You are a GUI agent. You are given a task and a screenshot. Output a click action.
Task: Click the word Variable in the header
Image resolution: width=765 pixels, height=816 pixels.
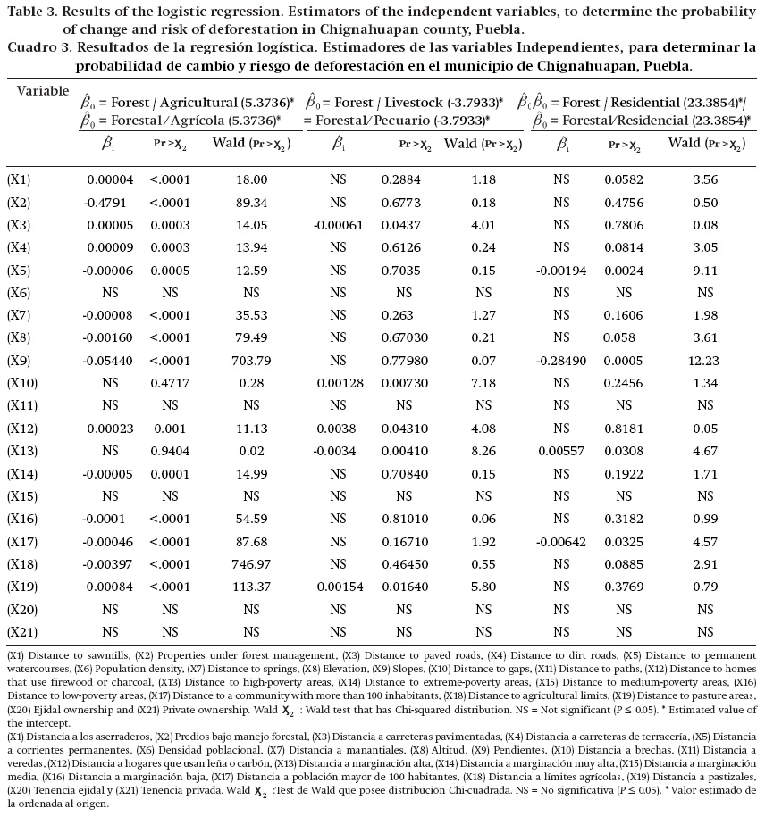pyautogui.click(x=43, y=90)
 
